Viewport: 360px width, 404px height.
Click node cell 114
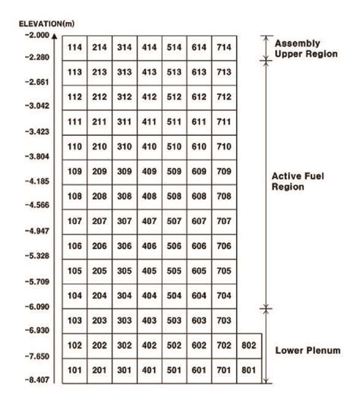[x=74, y=47]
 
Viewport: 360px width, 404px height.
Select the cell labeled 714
[x=223, y=47]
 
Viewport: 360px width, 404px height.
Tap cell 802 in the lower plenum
[x=248, y=346]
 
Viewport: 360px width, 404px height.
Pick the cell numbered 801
[x=248, y=371]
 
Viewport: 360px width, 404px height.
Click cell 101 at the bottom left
[x=74, y=371]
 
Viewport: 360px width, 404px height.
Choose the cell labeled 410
[x=149, y=147]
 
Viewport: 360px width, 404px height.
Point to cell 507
[x=174, y=221]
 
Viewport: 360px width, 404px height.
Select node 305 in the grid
[x=124, y=271]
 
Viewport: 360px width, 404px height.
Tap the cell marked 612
[x=199, y=97]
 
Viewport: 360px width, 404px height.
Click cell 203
[x=99, y=320]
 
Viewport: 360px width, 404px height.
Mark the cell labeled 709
[x=223, y=172]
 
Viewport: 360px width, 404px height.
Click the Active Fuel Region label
[x=297, y=181]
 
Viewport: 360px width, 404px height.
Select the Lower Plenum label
[x=306, y=350]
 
